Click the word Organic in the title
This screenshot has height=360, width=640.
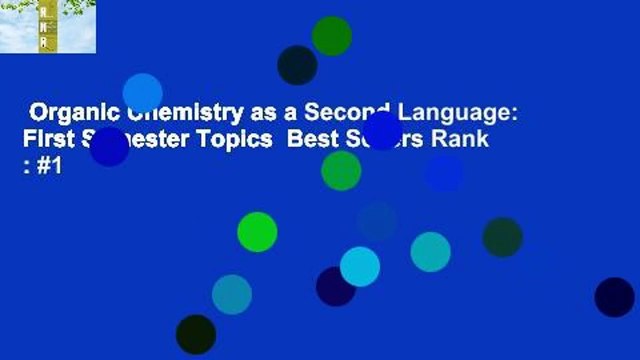[x=66, y=113]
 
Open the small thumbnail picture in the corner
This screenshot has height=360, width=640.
[x=48, y=26]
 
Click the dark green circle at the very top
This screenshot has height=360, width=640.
[x=332, y=36]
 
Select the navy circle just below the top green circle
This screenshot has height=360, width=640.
[x=297, y=65]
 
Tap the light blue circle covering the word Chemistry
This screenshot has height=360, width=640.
[x=143, y=93]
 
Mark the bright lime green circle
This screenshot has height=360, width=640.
[x=257, y=232]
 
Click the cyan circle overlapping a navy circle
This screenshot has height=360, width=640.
[x=360, y=267]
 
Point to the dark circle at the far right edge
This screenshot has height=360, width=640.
[x=614, y=297]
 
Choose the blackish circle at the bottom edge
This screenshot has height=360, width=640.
[x=195, y=334]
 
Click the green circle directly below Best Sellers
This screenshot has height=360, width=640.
[x=341, y=171]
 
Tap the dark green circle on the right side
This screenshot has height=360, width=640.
[x=502, y=237]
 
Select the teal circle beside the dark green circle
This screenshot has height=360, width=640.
[x=430, y=252]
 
